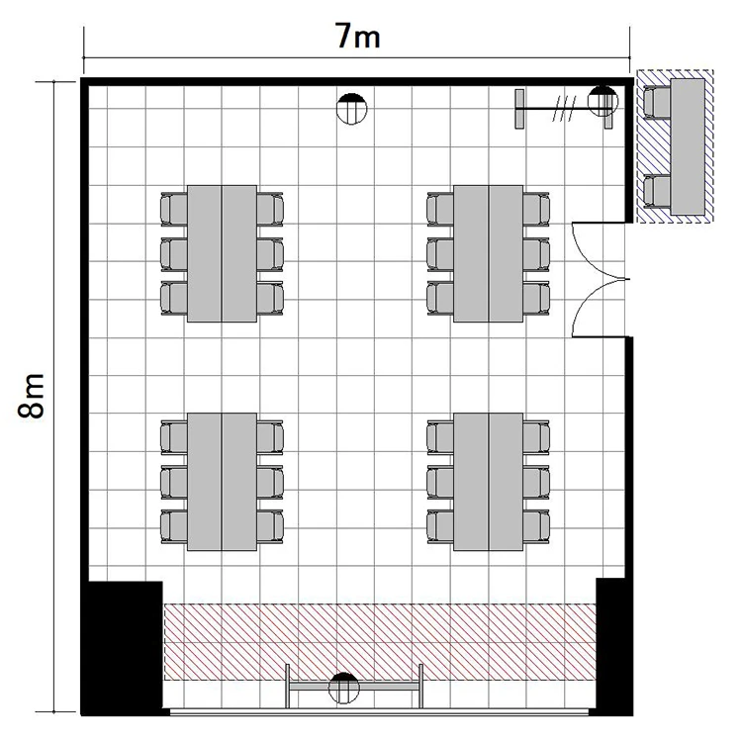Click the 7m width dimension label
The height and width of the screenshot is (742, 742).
[x=358, y=36]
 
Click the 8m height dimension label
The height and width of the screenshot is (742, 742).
[x=32, y=396]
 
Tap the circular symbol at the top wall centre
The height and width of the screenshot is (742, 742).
[x=351, y=109]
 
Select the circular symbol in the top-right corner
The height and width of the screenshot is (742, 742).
[x=603, y=101]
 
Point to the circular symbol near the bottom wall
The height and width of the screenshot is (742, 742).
[x=344, y=688]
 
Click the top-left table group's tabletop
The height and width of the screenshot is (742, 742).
[x=222, y=253]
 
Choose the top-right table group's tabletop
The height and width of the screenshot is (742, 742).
[x=489, y=253]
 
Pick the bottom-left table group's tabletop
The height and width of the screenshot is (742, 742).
[x=222, y=482]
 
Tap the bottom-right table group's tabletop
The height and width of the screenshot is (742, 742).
[x=489, y=482]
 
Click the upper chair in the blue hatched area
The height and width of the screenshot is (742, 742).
[x=657, y=102]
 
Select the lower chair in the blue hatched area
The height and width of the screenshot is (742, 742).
[x=657, y=191]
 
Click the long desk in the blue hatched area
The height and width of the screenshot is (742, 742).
[x=688, y=146]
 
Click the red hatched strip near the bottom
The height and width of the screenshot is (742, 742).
[x=380, y=642]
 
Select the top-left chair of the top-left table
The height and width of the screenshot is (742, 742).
[x=174, y=209]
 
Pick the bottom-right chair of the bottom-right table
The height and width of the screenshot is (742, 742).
[x=536, y=526]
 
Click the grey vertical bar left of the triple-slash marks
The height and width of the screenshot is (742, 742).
[x=519, y=109]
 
